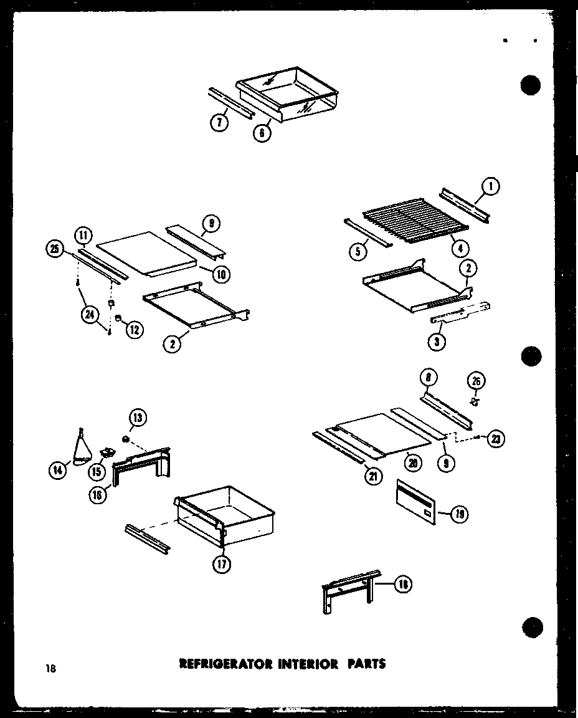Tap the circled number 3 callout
coord(440,341)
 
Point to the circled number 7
coord(219,123)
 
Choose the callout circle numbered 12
coord(134,329)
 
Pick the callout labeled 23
coord(496,439)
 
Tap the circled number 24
coord(90,316)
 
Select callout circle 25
coord(55,251)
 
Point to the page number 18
coord(50,669)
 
